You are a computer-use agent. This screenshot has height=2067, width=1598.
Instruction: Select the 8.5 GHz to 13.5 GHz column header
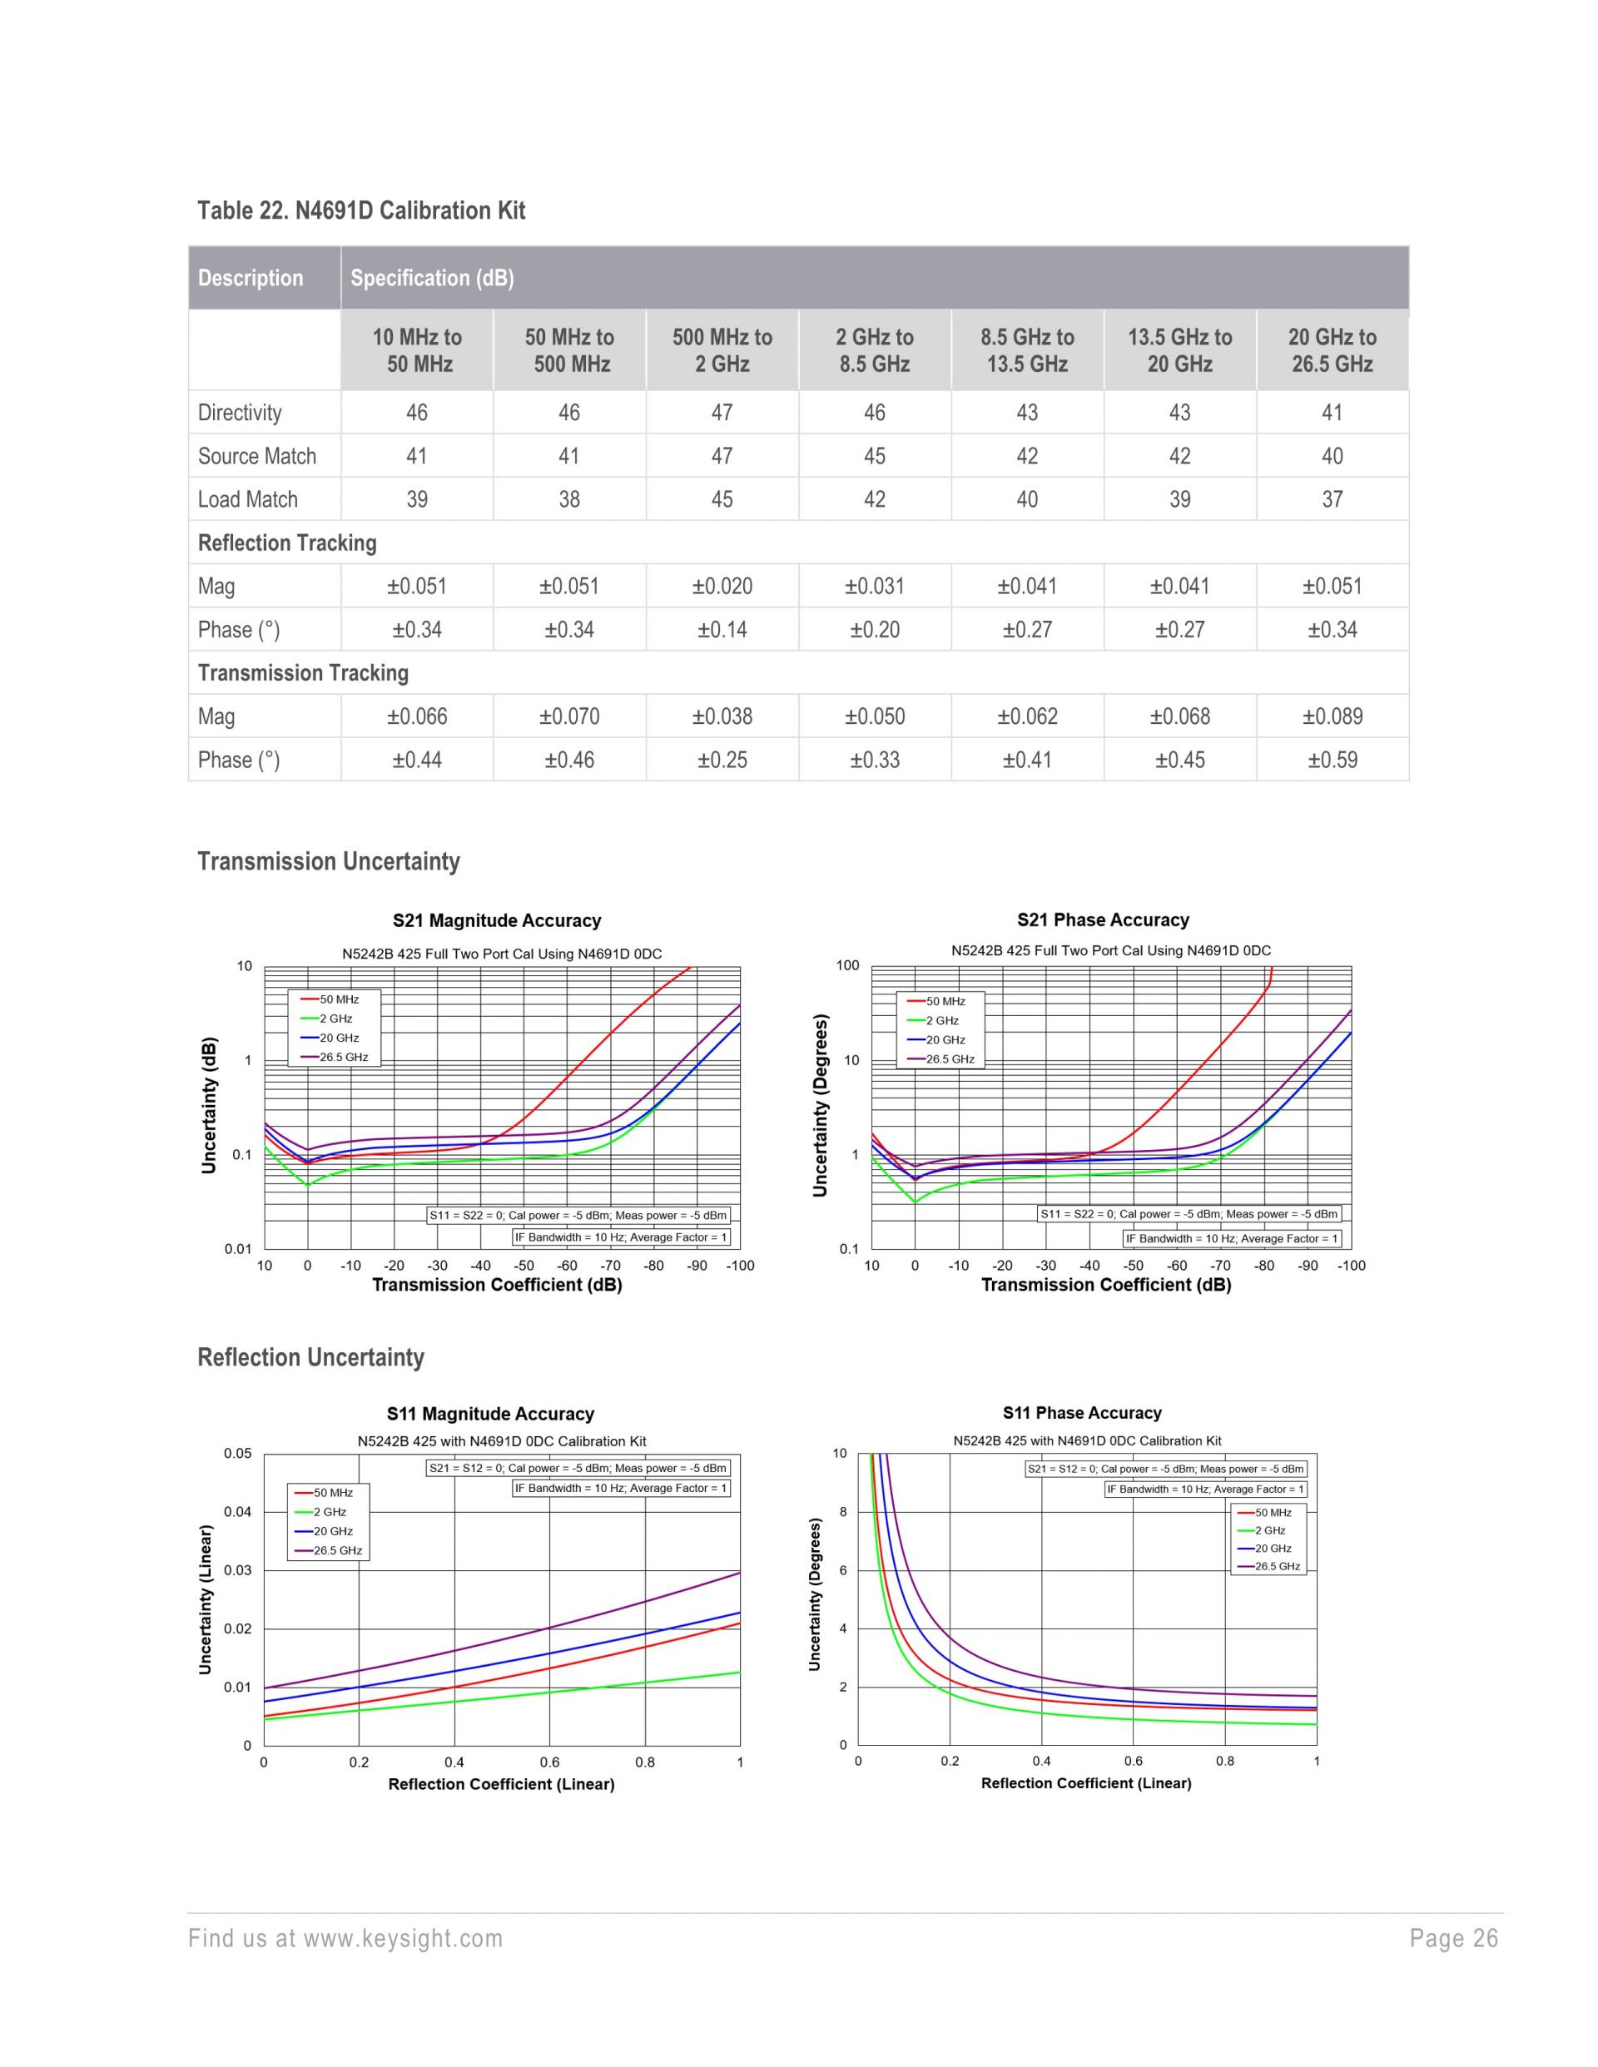(x=1027, y=350)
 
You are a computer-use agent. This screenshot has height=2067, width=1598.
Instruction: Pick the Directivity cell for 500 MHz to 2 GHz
(x=722, y=413)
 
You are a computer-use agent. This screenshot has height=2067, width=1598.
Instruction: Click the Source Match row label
(x=256, y=456)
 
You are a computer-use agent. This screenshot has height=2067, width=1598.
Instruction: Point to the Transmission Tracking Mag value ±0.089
(x=1332, y=716)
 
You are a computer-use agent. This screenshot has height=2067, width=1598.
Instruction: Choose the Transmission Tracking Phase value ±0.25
(x=722, y=760)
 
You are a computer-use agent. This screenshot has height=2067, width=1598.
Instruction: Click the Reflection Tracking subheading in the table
(x=287, y=543)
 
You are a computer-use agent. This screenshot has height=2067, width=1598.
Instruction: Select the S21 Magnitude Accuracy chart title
(x=497, y=921)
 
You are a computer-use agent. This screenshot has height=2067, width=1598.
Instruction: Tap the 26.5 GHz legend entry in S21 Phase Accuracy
(x=950, y=1059)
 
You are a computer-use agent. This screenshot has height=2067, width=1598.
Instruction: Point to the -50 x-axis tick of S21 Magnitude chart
(x=524, y=1266)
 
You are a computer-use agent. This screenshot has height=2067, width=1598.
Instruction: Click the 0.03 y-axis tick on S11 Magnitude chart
(x=237, y=1570)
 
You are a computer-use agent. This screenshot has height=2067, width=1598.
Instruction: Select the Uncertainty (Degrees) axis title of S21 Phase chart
(x=820, y=1105)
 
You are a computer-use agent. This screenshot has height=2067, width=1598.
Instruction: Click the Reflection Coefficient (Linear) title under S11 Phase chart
(x=1086, y=1783)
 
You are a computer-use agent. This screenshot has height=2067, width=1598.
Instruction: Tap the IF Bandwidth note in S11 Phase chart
(x=1205, y=1489)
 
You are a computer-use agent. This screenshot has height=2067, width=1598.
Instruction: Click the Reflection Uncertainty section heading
(x=310, y=1357)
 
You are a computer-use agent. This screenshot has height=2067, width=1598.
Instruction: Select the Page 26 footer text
(x=1453, y=1938)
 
